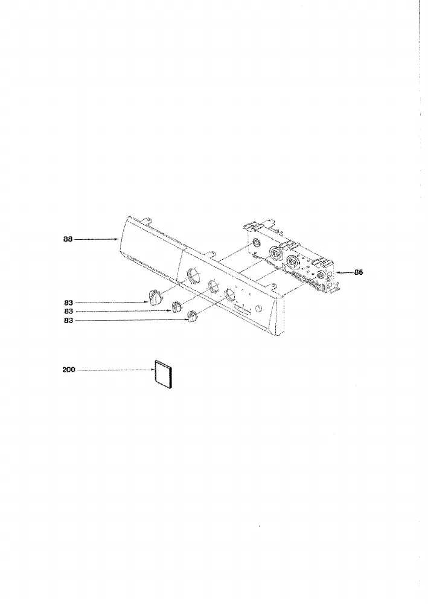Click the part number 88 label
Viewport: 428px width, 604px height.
[68, 239]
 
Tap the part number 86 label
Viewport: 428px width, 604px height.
[359, 272]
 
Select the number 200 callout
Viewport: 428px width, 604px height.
[69, 370]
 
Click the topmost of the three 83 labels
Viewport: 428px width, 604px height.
[68, 303]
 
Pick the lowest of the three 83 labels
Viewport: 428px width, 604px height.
[68, 321]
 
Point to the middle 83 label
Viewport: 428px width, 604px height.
[68, 311]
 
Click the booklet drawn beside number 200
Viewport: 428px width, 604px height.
[163, 376]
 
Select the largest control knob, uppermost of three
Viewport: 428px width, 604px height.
[154, 298]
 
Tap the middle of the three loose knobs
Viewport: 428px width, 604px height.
[177, 307]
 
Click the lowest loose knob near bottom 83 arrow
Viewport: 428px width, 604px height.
[193, 317]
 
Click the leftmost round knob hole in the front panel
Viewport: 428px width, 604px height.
[194, 275]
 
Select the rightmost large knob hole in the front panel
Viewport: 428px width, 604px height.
[229, 295]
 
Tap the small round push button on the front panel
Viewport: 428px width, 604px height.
[258, 309]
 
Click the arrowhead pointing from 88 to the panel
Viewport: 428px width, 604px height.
[116, 239]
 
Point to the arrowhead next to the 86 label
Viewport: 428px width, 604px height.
[338, 272]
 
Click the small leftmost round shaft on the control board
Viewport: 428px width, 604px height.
[257, 243]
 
